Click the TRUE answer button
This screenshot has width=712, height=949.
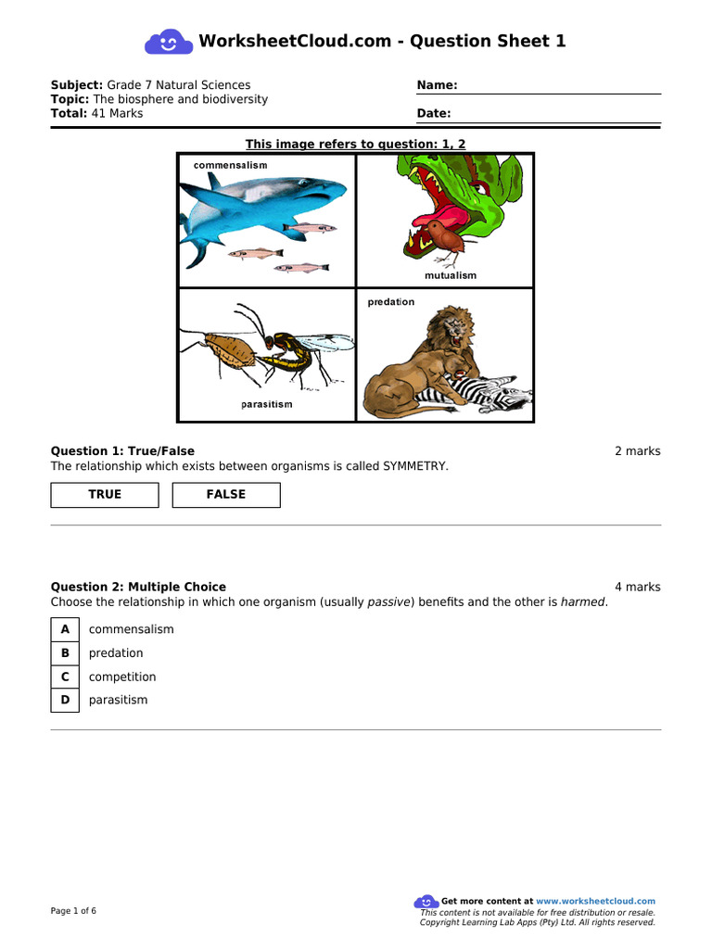[x=105, y=495]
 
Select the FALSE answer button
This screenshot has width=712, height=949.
[x=226, y=495]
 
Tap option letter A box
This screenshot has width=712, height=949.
[x=65, y=629]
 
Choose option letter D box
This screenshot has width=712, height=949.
[x=65, y=700]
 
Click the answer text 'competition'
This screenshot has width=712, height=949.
[x=122, y=677]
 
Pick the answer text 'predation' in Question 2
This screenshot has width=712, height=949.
[x=116, y=653]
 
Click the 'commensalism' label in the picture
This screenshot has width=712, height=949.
[x=230, y=165]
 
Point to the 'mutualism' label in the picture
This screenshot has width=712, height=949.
[x=451, y=275]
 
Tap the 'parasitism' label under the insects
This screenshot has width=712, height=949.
[x=266, y=405]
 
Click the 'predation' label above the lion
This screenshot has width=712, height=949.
[x=390, y=302]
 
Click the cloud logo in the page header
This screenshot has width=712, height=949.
[x=168, y=42]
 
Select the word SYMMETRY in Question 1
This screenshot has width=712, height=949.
[x=415, y=466]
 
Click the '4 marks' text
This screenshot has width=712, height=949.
[x=637, y=587]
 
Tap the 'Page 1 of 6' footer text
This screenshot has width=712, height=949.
[x=73, y=911]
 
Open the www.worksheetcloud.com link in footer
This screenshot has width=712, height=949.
[x=595, y=901]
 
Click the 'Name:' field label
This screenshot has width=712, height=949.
[x=437, y=85]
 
